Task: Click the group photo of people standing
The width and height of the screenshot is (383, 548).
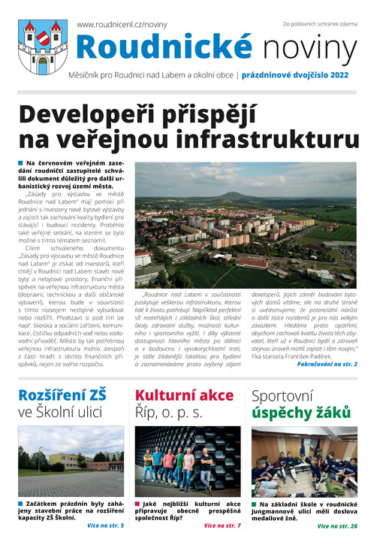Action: click(188, 460)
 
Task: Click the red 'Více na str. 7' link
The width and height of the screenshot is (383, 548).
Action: click(222, 525)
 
